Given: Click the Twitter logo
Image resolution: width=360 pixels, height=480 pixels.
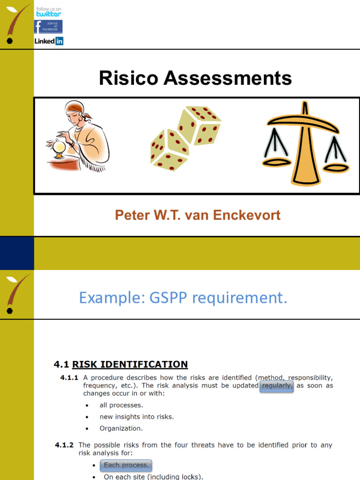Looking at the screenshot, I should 48,12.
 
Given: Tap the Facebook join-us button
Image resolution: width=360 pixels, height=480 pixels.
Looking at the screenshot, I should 48,27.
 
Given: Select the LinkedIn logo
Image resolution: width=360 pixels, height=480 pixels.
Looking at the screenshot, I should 49,41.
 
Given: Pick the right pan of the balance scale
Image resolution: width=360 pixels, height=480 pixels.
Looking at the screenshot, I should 336,167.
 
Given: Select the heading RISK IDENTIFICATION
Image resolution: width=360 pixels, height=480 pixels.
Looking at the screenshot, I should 130,364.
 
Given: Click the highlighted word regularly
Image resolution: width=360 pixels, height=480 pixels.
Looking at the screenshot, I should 277,386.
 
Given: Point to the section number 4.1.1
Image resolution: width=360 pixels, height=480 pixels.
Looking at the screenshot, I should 69,377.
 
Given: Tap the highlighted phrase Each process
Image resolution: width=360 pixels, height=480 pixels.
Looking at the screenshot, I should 126,465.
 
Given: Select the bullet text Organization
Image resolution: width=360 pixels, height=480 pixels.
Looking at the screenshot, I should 121,428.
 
